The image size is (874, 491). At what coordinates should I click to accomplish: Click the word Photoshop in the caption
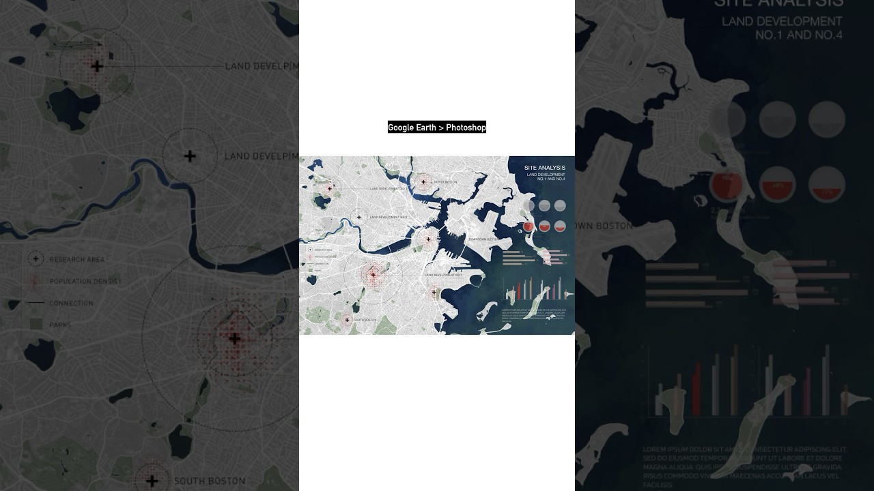tap(466, 128)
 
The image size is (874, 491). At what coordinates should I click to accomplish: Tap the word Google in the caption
tap(401, 128)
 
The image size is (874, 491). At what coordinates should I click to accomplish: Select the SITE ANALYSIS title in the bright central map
tap(544, 168)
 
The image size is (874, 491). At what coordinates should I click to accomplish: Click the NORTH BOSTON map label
tap(446, 182)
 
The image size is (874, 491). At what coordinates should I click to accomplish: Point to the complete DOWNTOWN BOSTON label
tap(482, 239)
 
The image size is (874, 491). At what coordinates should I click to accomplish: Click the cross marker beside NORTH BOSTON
tap(423, 181)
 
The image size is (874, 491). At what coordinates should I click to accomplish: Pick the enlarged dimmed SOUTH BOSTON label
tap(210, 481)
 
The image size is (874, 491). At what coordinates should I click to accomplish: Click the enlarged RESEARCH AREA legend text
tap(77, 260)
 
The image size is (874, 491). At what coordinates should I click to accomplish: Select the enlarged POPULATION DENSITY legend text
tap(85, 282)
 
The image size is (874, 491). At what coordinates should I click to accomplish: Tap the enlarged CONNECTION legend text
tap(71, 303)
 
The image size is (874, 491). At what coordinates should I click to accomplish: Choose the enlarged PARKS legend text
tap(60, 325)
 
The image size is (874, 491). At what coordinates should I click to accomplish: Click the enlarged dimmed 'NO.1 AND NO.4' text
tap(798, 35)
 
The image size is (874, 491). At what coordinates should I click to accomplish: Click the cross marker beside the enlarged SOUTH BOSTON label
tap(152, 481)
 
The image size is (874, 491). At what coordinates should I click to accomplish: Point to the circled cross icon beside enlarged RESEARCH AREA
tap(36, 259)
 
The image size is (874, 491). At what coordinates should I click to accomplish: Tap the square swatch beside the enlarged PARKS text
tap(36, 325)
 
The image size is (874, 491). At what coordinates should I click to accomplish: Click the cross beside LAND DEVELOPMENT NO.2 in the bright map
tap(359, 218)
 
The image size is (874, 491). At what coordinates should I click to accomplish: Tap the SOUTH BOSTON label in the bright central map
tap(365, 320)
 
